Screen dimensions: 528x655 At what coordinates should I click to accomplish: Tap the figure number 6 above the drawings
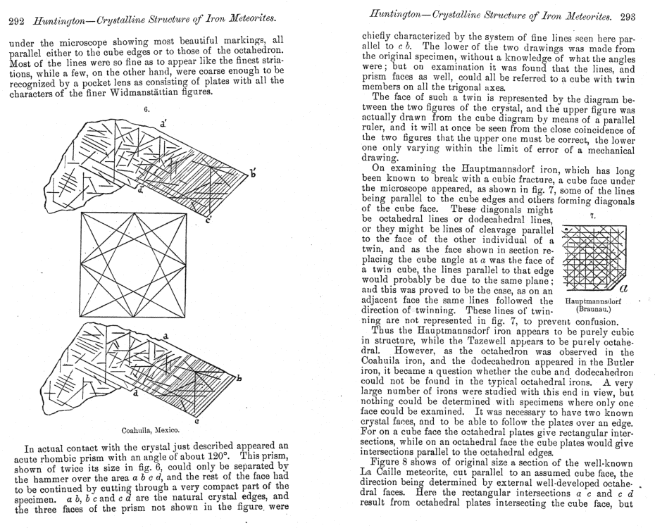coord(147,110)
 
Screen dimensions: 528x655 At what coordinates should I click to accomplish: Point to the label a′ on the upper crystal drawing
coord(163,123)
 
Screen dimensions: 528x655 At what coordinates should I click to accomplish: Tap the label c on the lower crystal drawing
coord(195,420)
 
